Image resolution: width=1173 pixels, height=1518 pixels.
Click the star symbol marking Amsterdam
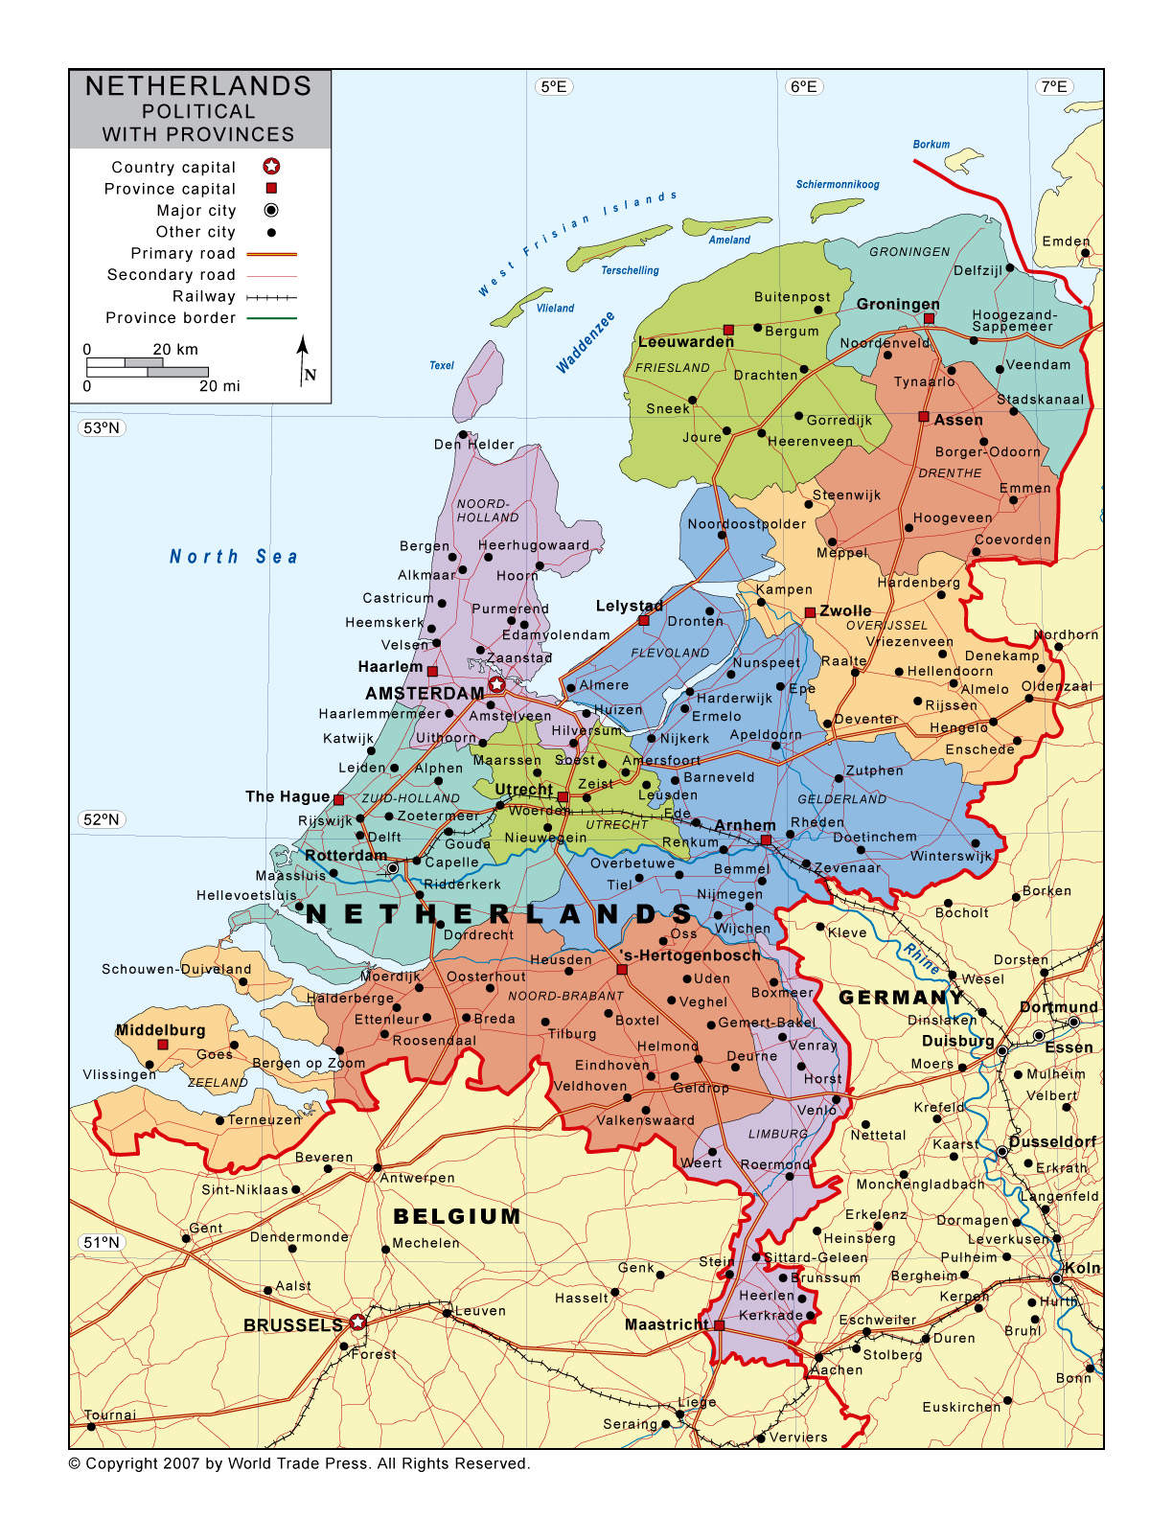coord(496,684)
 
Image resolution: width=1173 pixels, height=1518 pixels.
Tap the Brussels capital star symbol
coord(357,1322)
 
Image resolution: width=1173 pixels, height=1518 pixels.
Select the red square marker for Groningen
coord(929,318)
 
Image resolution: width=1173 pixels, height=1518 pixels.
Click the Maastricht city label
coord(666,1324)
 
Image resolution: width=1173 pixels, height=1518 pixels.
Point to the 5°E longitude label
coord(554,87)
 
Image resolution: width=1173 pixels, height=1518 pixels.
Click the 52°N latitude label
coord(101,819)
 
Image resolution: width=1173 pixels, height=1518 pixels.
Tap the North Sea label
coord(233,557)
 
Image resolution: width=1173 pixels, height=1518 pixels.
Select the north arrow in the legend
coord(303,358)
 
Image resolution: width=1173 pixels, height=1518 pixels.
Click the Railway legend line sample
coord(271,297)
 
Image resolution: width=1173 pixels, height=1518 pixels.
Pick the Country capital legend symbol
coord(271,167)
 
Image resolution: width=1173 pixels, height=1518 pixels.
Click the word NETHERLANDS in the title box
coord(198,86)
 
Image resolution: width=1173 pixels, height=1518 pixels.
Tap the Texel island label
coord(442,365)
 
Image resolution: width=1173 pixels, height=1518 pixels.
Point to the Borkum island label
coord(931,145)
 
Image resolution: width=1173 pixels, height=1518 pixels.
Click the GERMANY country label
coord(901,998)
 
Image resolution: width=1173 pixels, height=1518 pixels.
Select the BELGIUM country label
coord(457,1216)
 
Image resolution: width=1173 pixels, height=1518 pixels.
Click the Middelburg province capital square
coord(163,1045)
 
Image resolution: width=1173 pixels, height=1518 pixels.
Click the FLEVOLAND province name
coord(670,653)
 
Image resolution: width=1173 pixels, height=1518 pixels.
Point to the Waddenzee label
coord(586,342)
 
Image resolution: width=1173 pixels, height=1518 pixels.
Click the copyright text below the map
coord(299,1463)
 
